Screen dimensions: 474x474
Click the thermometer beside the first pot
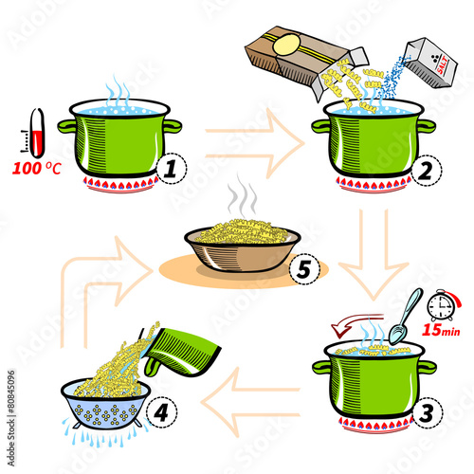[37, 133]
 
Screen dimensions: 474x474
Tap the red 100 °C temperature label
[37, 169]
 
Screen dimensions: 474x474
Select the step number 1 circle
[172, 169]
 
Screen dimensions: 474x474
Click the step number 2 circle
[427, 171]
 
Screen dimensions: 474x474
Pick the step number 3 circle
[428, 413]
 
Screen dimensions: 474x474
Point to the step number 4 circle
[161, 412]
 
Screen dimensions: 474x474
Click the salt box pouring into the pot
[432, 63]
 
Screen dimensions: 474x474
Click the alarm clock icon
[443, 305]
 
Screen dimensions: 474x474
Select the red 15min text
[441, 330]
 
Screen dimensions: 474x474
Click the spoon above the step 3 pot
[406, 316]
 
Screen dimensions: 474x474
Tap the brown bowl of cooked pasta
[243, 249]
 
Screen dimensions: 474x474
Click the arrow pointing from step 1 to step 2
[255, 143]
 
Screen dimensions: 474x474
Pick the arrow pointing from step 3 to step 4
[250, 402]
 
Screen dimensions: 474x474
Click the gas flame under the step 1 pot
[120, 185]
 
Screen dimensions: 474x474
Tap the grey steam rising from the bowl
[243, 196]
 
